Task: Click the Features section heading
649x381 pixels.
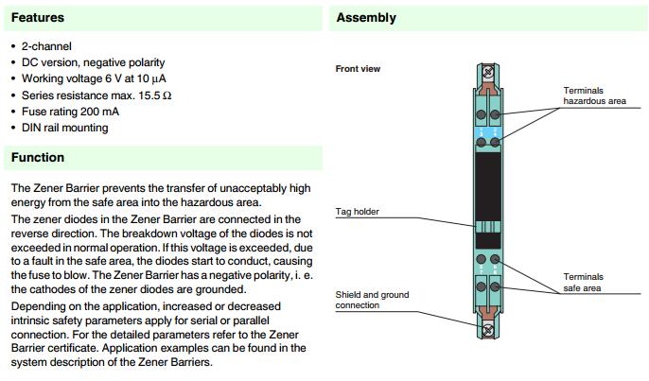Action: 38,17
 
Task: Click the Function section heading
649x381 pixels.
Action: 38,157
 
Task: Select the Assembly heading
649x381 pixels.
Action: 366,17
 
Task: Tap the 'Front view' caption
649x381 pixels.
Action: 358,68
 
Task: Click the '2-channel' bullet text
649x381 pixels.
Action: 46,46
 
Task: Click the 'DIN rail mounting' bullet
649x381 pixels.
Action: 64,128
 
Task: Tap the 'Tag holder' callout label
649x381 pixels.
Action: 358,212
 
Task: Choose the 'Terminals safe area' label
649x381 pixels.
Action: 584,283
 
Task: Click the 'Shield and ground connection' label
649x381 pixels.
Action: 372,300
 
